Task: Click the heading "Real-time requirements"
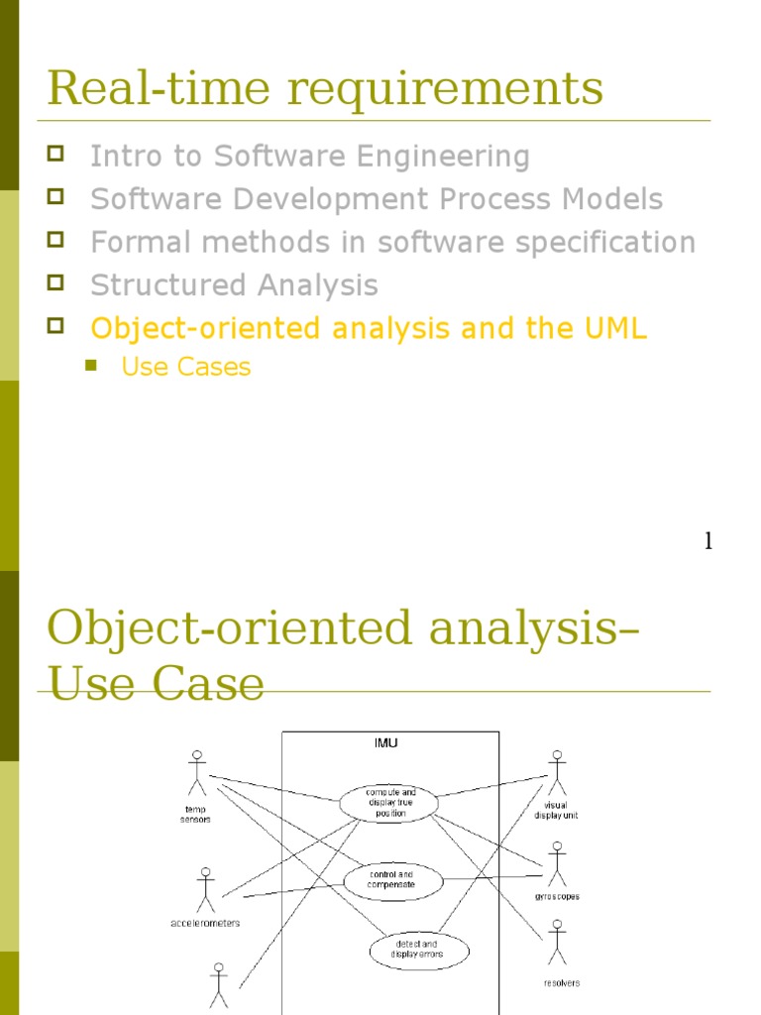325,87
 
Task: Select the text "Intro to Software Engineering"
310,157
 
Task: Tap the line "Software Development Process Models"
377,199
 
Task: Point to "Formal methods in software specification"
392,243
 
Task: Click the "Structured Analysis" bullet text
234,285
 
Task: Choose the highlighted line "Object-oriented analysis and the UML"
369,329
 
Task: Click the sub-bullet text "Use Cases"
185,367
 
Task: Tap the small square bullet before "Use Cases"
92,366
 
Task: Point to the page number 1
707,541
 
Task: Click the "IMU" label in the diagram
386,742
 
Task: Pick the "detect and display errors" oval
418,951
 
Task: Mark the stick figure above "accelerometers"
205,889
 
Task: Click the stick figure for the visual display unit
556,771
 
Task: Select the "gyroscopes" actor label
556,897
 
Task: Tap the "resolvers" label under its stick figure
562,983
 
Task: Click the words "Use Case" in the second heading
157,684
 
